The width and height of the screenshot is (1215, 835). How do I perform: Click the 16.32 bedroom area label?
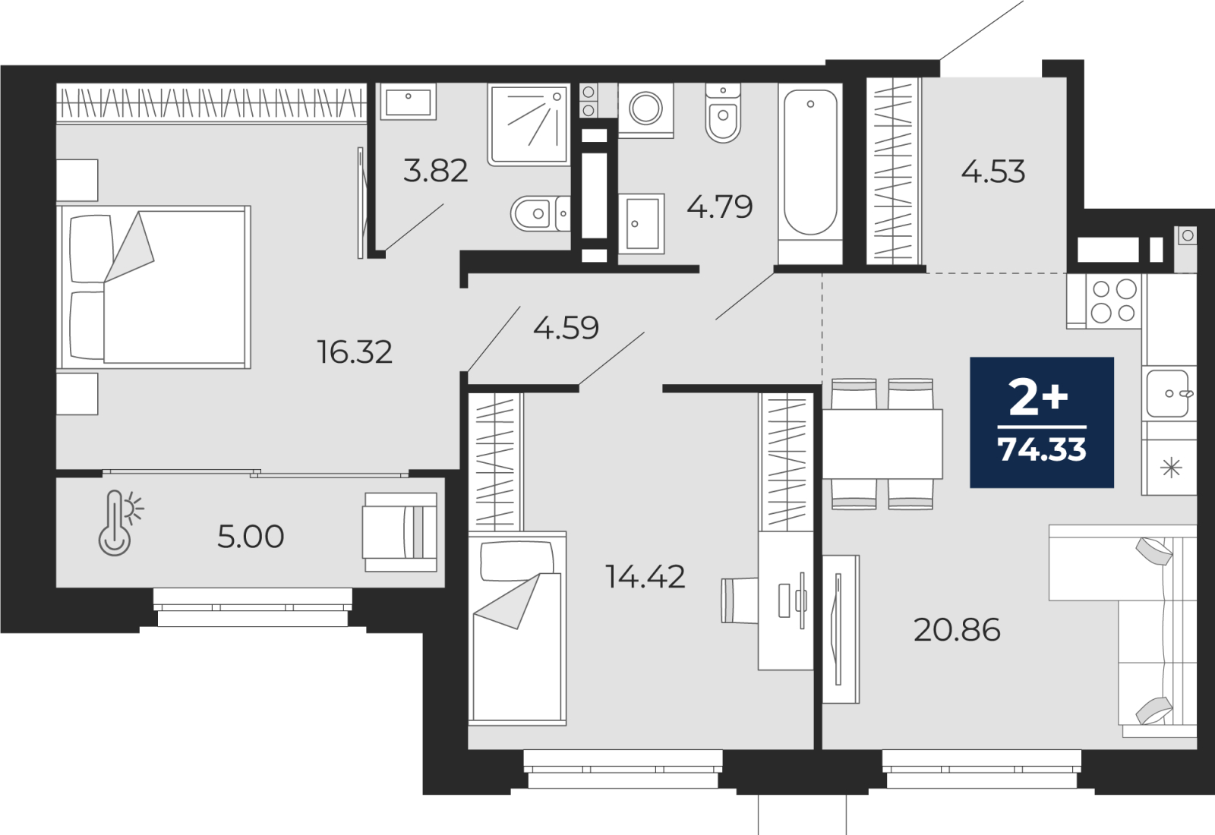[x=354, y=352]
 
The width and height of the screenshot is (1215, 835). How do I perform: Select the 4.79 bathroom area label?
[x=720, y=206]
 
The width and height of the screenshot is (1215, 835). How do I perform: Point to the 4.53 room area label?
[x=993, y=172]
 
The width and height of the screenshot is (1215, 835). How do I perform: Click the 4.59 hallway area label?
[x=566, y=327]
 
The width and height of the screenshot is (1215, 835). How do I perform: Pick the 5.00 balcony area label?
[x=251, y=537]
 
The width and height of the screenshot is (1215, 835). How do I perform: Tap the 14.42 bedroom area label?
[x=645, y=576]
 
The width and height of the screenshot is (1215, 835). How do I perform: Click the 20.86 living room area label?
[x=957, y=630]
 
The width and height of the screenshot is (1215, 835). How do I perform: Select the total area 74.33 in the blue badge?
[x=1042, y=449]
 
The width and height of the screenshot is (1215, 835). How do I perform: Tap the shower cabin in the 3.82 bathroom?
[x=529, y=124]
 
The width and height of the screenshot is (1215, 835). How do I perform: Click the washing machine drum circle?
[x=645, y=107]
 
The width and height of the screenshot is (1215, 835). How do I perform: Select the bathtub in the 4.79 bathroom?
[x=810, y=174]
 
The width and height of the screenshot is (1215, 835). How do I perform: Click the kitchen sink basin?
[x=1167, y=394]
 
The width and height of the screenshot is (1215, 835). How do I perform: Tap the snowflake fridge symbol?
[x=1172, y=468]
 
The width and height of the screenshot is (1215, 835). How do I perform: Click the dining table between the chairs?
[x=882, y=444]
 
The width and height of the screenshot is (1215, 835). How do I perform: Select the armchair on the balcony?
[x=400, y=532]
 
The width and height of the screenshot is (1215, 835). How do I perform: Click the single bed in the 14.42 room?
[x=517, y=629]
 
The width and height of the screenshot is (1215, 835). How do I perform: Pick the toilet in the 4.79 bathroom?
[x=723, y=113]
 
